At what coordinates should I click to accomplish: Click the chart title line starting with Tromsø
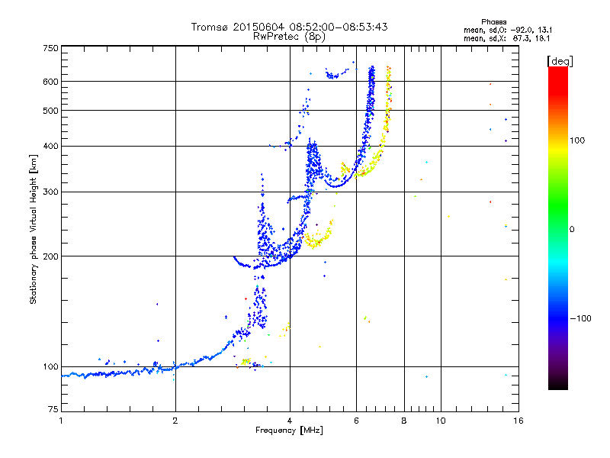(289, 27)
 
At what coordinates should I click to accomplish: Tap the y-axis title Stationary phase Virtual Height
(34, 229)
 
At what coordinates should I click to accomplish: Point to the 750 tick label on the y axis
(50, 48)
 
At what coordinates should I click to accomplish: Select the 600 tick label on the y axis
(50, 81)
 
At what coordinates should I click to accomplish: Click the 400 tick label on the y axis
(50, 146)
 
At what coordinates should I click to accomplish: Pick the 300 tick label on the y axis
(50, 192)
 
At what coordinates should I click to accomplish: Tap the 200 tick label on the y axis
(50, 256)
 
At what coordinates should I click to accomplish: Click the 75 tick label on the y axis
(53, 411)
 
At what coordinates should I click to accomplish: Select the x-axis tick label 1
(61, 421)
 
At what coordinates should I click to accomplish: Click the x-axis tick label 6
(356, 421)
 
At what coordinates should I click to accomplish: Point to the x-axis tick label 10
(441, 421)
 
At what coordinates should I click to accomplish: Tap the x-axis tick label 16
(518, 421)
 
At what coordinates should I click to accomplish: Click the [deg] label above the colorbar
(560, 60)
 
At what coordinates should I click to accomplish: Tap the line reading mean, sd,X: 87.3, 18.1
(506, 37)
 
